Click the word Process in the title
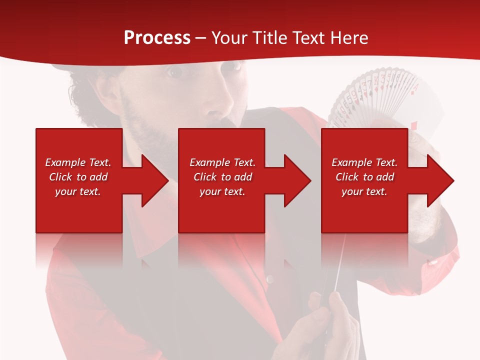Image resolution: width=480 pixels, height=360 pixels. pos(157,38)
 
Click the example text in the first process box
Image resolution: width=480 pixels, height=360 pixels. pos(78,177)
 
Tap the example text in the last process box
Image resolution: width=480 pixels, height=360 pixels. pos(364,177)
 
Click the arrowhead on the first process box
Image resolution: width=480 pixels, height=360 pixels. pos(152,180)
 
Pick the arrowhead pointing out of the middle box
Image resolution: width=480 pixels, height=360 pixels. pos(295,180)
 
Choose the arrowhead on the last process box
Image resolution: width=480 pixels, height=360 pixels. pos(438,180)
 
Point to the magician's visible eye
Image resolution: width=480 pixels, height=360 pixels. pos(174,72)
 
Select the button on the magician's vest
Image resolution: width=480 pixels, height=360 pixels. pos(270,278)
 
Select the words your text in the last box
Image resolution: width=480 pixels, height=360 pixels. pos(364,191)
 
